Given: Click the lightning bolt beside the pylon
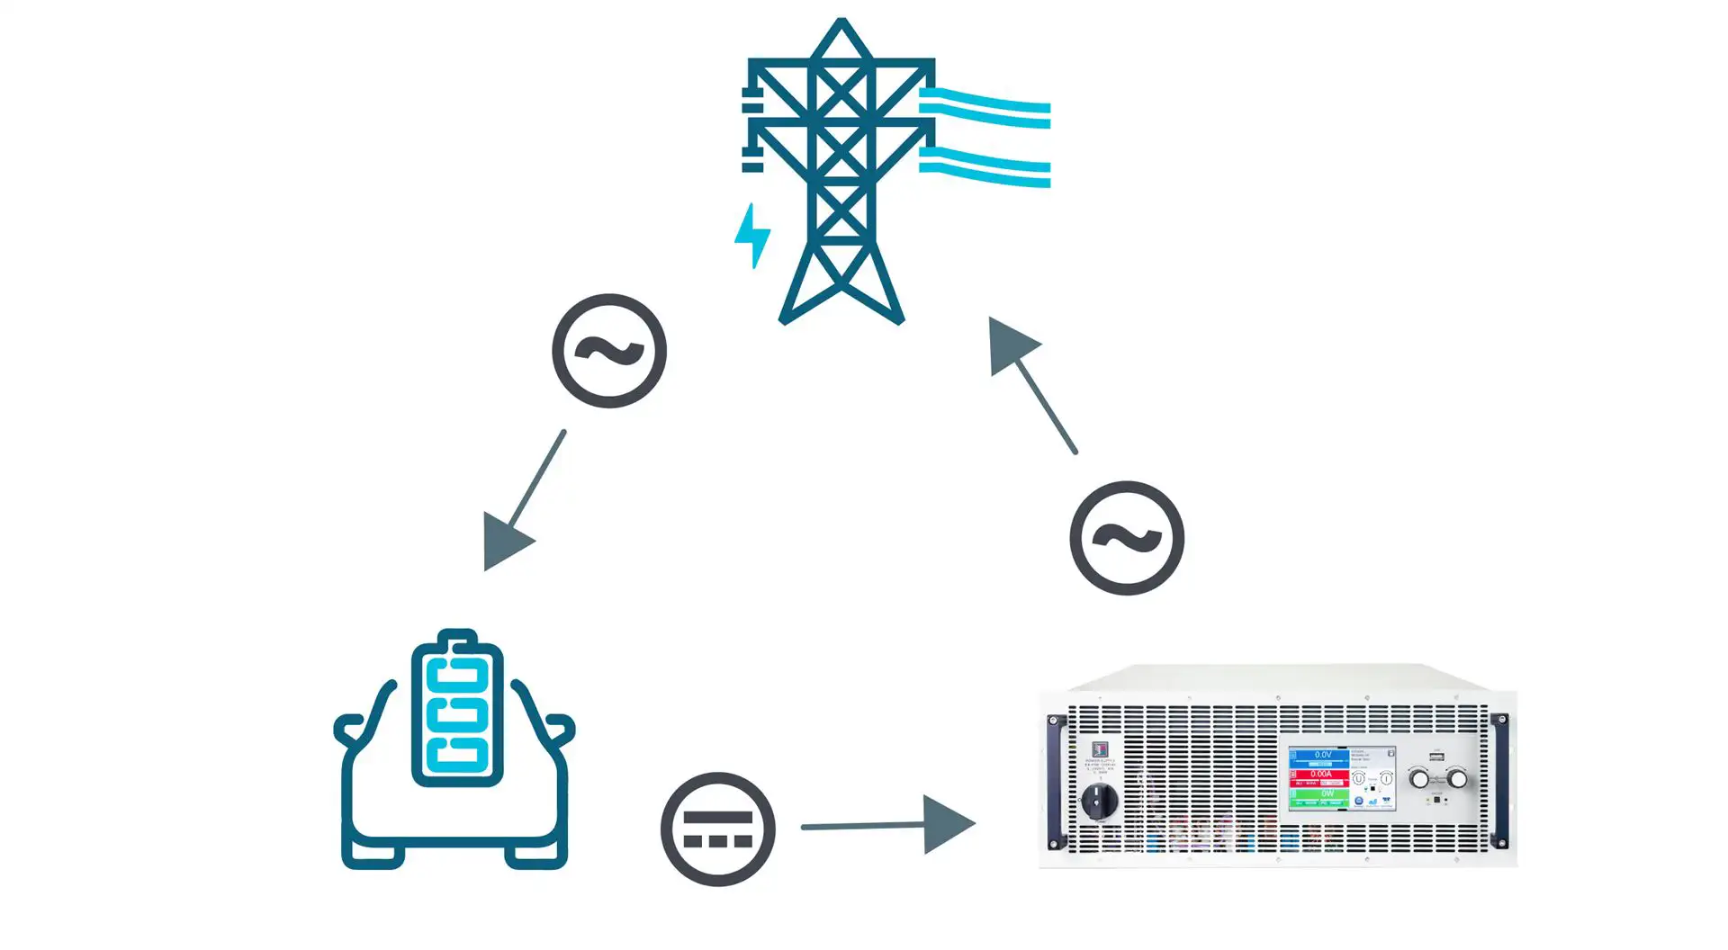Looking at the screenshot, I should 752,236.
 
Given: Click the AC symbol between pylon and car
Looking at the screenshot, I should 609,351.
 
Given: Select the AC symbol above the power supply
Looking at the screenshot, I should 1127,538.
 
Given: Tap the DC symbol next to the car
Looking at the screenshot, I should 717,829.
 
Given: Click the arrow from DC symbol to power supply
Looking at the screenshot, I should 900,824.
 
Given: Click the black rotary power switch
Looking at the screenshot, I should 1099,799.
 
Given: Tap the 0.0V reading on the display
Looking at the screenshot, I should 1321,756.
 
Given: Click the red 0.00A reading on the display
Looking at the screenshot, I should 1320,774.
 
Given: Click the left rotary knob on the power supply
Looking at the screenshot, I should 1419,779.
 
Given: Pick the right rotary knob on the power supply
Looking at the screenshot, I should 1457,779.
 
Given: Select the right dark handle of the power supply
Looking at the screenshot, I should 1499,781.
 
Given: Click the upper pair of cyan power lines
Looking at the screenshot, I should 985,107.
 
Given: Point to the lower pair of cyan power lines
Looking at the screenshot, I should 985,167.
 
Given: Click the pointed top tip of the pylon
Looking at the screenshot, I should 841,22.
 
